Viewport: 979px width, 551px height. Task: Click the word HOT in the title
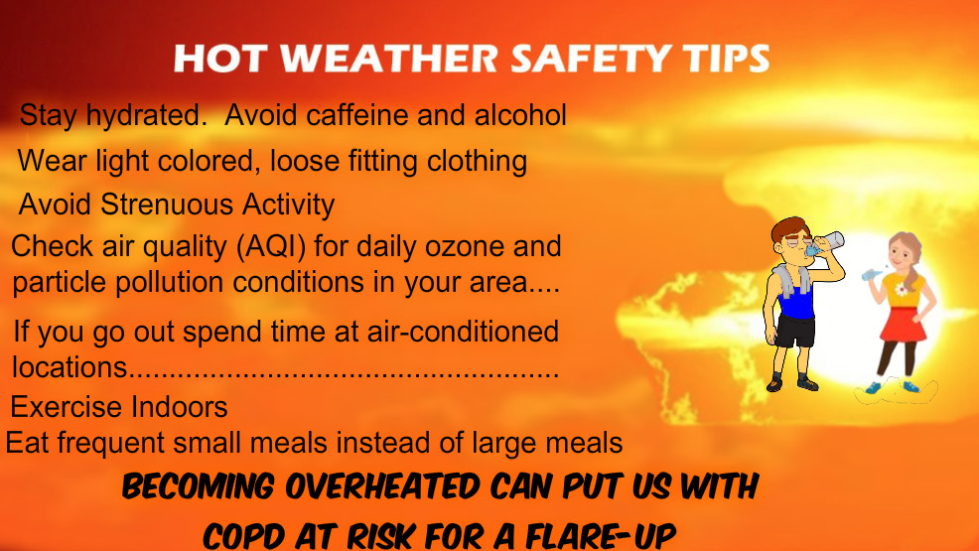(221, 58)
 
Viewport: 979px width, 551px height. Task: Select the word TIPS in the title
(726, 58)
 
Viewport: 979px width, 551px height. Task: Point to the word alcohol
(520, 115)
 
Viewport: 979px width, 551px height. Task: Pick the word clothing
(477, 162)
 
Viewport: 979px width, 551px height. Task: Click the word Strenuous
(168, 205)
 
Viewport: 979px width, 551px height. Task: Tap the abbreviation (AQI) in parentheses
(271, 246)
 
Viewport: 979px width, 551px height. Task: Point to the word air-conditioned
(463, 331)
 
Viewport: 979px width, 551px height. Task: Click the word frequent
(111, 443)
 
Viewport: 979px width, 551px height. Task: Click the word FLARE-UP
(601, 535)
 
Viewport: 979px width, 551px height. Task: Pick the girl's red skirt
(903, 324)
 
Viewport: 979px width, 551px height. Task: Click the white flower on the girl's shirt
(901, 290)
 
